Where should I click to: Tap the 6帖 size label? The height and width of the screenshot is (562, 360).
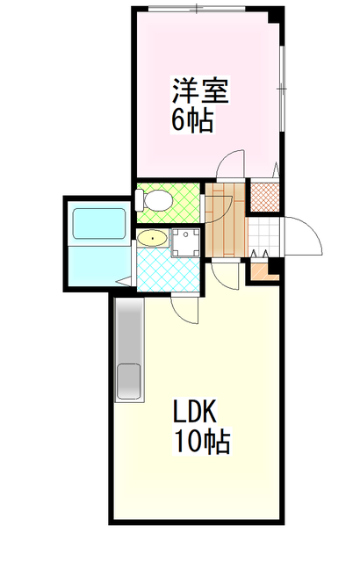[191, 120]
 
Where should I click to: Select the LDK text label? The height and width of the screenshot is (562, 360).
[200, 411]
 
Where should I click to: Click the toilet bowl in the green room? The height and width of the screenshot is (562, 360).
[157, 201]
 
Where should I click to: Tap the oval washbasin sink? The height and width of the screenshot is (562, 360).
[151, 237]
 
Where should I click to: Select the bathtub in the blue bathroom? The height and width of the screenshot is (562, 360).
[98, 223]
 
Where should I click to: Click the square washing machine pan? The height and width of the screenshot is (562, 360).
[185, 241]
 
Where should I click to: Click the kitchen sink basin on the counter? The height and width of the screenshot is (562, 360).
[128, 383]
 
